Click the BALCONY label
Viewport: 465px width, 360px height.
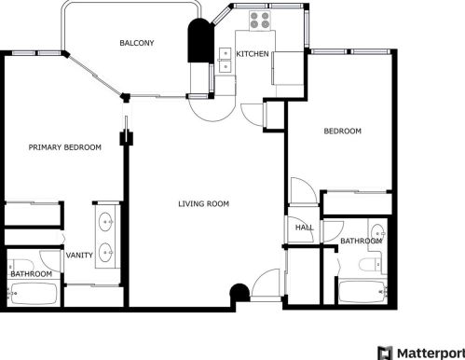(136, 44)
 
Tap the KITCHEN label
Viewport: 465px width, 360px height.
(252, 54)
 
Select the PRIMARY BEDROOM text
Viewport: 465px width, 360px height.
(64, 147)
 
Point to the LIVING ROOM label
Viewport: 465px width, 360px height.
(203, 203)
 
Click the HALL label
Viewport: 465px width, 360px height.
(304, 228)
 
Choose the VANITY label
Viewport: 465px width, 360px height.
(78, 255)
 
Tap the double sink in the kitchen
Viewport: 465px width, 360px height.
(225, 60)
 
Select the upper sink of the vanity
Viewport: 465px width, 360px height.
(107, 223)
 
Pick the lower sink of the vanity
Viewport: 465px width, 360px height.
(107, 251)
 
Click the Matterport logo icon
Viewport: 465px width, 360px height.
(384, 353)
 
